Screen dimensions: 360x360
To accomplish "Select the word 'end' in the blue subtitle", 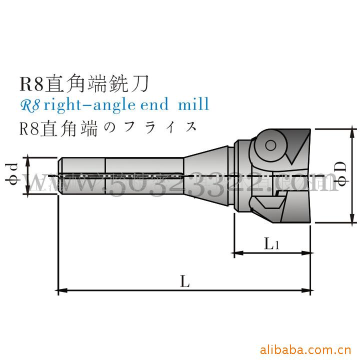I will pos(149,105).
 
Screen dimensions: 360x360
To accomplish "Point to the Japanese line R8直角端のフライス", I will pos(107,126).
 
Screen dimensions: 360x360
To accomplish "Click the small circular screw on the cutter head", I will pos(270,145).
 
